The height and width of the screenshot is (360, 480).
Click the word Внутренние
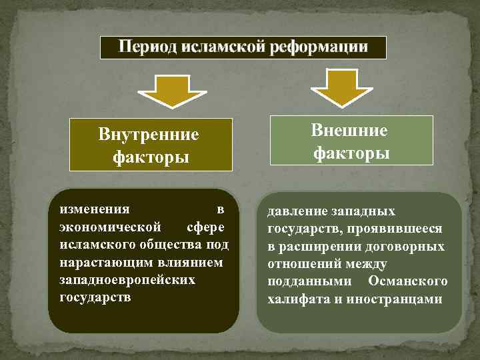[149, 135]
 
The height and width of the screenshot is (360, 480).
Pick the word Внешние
[349, 131]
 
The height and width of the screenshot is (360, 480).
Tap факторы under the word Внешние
[352, 153]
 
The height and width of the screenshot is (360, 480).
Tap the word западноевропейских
[127, 279]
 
